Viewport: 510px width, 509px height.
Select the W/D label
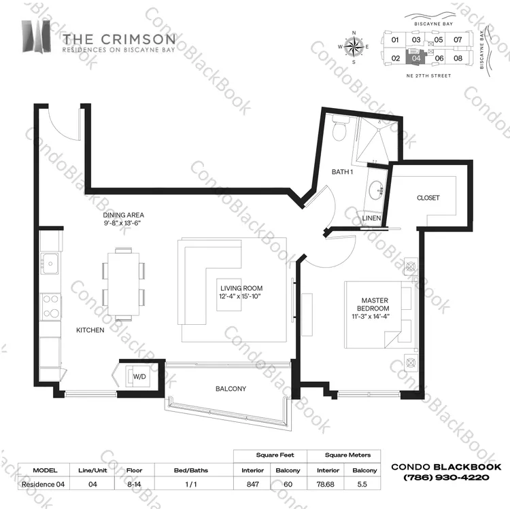[x=139, y=376]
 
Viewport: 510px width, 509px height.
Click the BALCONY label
[x=231, y=389]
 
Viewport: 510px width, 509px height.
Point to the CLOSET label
[x=428, y=198]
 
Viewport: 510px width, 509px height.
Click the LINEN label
[x=371, y=218]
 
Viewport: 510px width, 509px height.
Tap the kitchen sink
[x=50, y=263]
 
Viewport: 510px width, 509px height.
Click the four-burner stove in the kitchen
[x=50, y=306]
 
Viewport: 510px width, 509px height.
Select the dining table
[x=124, y=284]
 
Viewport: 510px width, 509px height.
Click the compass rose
[x=354, y=47]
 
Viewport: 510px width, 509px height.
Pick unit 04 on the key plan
[x=416, y=58]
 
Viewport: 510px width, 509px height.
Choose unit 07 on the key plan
[x=458, y=39]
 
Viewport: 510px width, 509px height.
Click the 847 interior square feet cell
[x=252, y=484]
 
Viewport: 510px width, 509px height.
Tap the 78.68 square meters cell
[x=325, y=484]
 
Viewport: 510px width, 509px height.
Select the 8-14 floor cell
[x=134, y=484]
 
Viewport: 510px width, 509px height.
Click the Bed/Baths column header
[x=191, y=470]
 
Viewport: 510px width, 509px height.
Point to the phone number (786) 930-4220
[x=446, y=478]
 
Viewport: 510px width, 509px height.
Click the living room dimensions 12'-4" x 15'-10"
[x=240, y=296]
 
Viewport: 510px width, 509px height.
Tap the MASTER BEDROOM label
[x=373, y=304]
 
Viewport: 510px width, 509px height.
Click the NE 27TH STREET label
[x=428, y=75]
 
